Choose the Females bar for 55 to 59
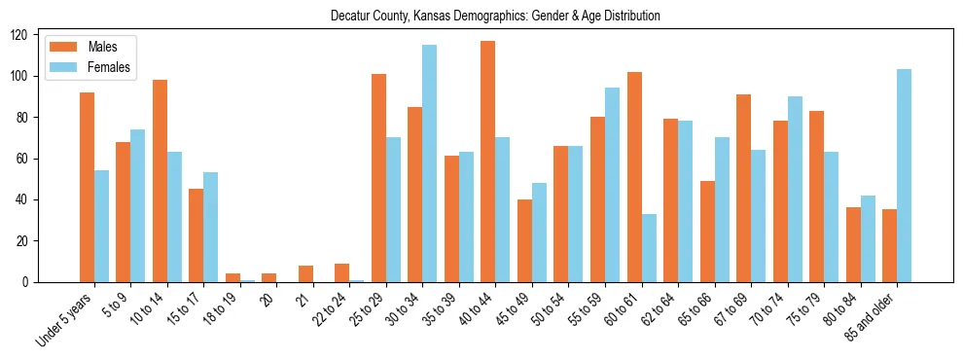click(x=612, y=185)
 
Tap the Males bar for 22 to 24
click(x=342, y=272)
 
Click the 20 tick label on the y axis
click(x=29, y=241)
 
